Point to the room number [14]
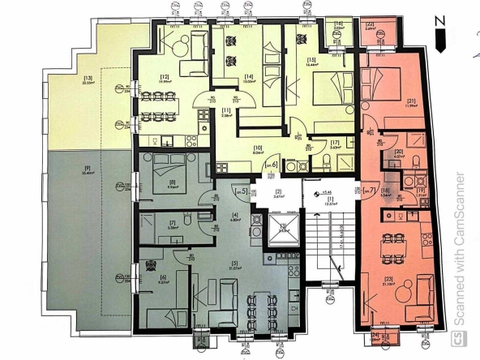tap(249, 76)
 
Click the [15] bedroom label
tap(311, 61)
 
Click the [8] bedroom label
tap(172, 183)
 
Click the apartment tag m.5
tap(240, 192)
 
